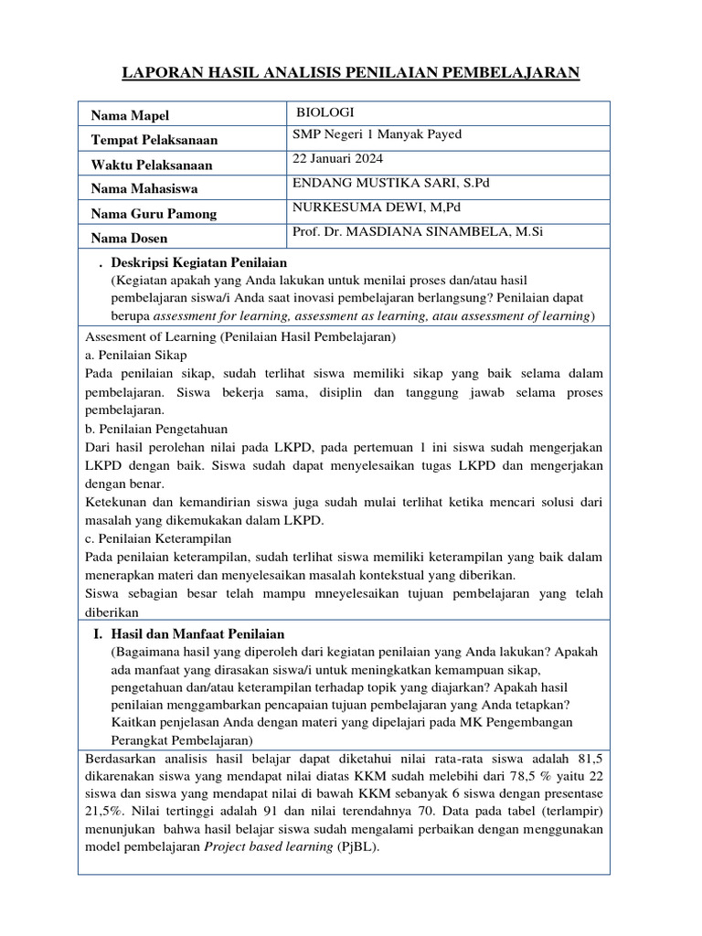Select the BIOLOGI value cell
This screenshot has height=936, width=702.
(x=324, y=113)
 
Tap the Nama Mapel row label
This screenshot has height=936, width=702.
(x=130, y=115)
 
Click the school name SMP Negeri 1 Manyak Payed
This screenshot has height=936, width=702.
(x=377, y=134)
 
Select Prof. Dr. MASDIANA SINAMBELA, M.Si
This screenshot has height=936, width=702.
(x=418, y=232)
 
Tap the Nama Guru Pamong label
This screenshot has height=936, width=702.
(x=154, y=214)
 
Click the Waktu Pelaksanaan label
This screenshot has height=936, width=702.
(x=151, y=165)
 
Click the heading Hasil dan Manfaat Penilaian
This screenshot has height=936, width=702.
(x=197, y=633)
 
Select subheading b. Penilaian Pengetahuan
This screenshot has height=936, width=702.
(x=155, y=428)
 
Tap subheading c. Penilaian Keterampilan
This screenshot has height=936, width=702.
(x=157, y=538)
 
